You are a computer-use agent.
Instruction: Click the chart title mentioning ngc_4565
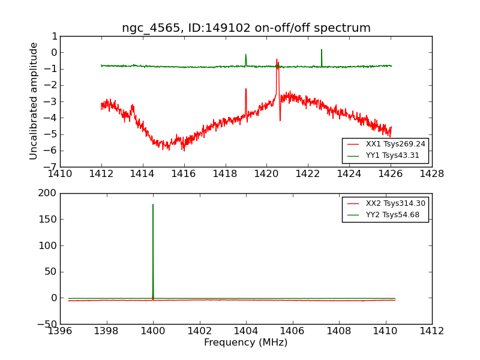click(x=246, y=28)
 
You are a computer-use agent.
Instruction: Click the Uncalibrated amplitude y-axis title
click(x=34, y=101)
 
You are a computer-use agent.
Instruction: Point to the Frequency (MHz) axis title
click(x=245, y=343)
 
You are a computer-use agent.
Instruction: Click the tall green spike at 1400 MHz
click(x=153, y=207)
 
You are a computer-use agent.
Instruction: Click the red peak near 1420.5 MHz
click(x=277, y=61)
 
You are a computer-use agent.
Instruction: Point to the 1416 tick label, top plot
click(x=184, y=174)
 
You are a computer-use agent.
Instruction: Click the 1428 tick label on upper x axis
click(x=431, y=174)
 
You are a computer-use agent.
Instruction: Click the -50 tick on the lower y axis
click(x=46, y=324)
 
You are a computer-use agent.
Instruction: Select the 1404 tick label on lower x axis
click(x=246, y=331)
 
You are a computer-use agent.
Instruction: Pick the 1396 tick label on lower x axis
click(x=60, y=331)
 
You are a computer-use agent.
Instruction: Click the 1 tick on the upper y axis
click(x=54, y=36)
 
